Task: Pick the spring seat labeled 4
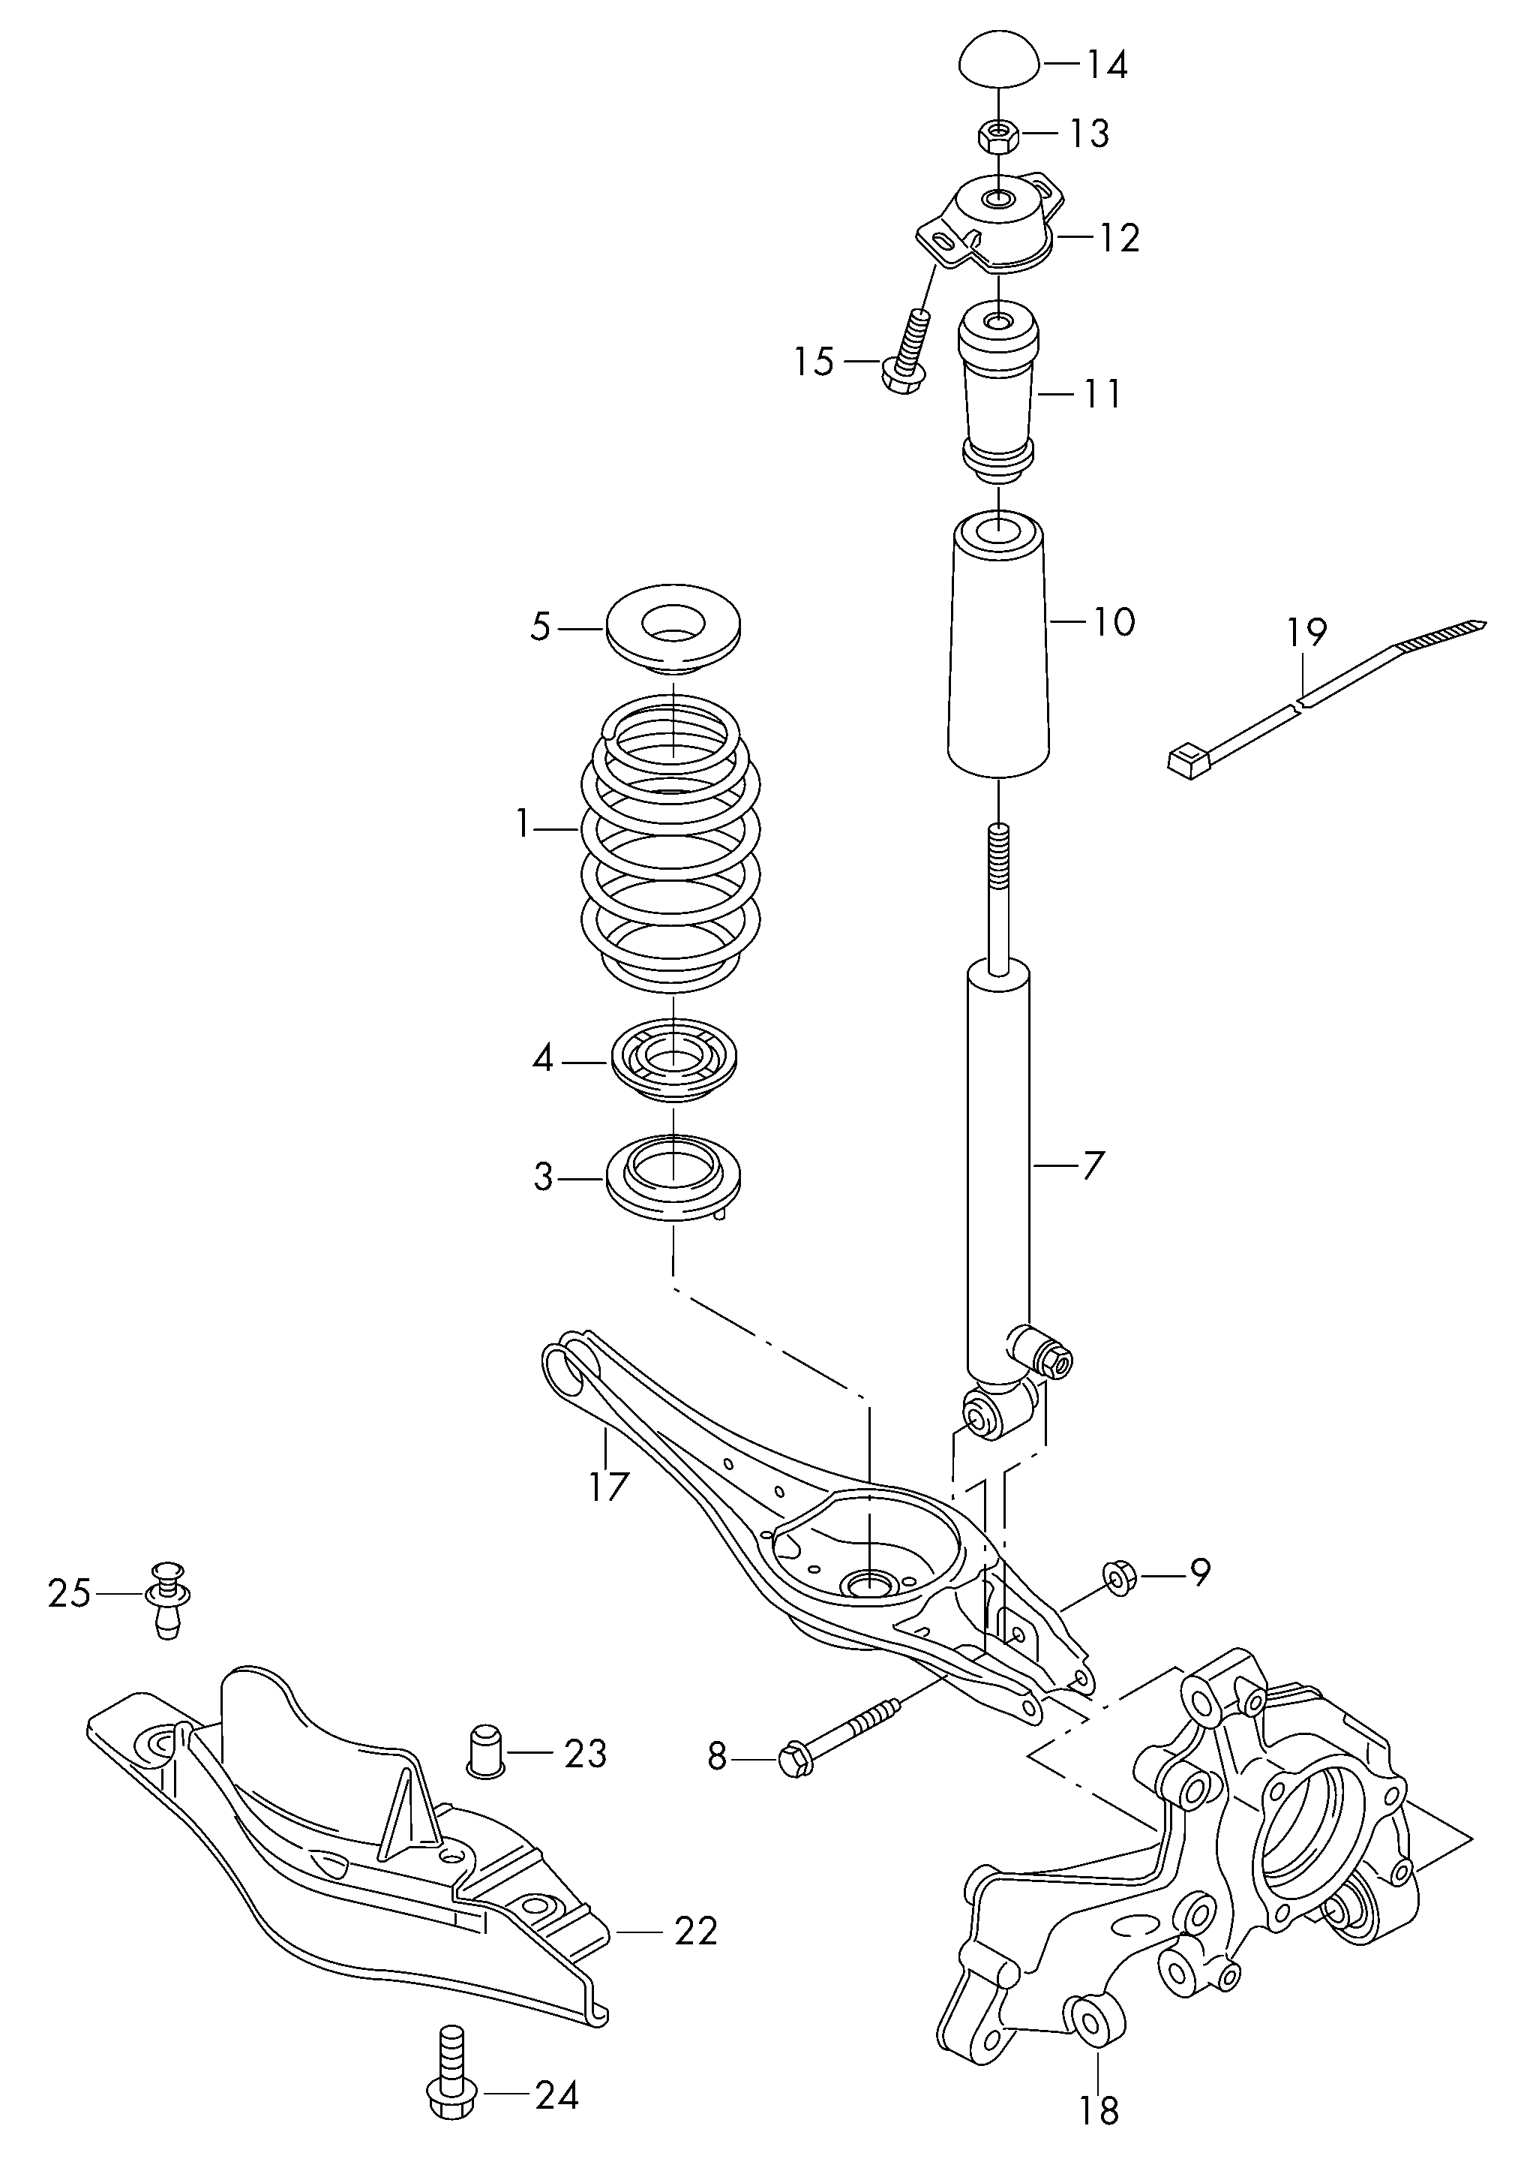tap(673, 1062)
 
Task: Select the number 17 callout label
tap(608, 1487)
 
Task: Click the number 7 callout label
tap(1093, 1165)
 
